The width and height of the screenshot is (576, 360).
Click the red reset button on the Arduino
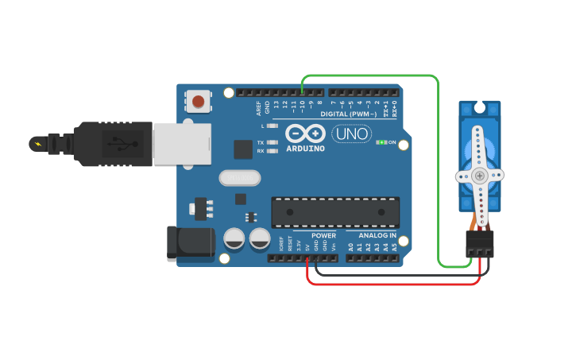198,101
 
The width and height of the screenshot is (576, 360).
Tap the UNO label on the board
351,134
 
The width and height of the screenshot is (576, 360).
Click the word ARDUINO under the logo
306,148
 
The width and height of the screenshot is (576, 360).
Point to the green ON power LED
382,142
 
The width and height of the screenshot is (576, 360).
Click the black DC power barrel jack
190,243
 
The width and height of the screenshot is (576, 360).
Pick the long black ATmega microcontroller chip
335,212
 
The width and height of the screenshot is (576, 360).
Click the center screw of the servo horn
479,175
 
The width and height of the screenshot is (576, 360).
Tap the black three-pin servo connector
480,243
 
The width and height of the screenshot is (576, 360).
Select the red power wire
397,284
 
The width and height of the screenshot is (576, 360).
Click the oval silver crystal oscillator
240,178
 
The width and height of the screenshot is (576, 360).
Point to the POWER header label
323,235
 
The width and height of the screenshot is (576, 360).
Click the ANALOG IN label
377,235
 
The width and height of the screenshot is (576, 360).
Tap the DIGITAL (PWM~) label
349,114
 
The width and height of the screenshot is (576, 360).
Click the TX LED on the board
273,143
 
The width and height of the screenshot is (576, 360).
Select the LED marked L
273,126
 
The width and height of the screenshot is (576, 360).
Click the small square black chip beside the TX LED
242,149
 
